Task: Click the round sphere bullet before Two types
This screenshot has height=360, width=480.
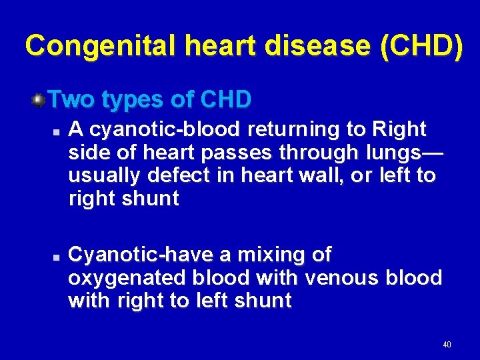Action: point(39,100)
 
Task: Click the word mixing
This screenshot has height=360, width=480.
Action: point(276,255)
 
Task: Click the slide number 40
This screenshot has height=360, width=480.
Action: point(447,345)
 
